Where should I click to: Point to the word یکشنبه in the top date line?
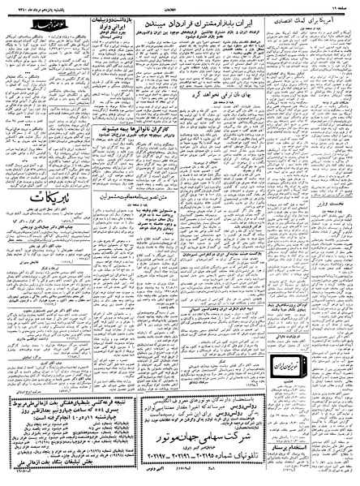(x=77, y=6)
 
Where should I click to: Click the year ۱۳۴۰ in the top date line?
(x=19, y=6)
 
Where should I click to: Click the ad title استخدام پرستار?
(x=321, y=446)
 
